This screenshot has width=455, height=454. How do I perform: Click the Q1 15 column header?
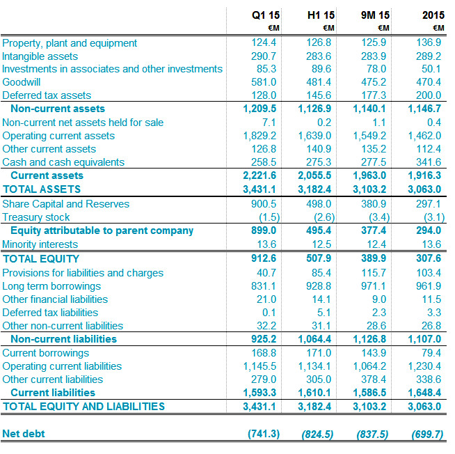pyautogui.click(x=266, y=15)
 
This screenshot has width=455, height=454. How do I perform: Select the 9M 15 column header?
pyautogui.click(x=375, y=15)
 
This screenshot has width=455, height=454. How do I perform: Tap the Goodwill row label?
pyautogui.click(x=22, y=82)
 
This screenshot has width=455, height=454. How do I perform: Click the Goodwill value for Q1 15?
pyautogui.click(x=264, y=82)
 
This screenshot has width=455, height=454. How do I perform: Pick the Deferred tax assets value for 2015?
pyautogui.click(x=429, y=95)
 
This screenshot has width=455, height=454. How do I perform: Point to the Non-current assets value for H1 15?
pyautogui.click(x=314, y=109)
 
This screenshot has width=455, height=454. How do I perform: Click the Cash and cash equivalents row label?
pyautogui.click(x=63, y=162)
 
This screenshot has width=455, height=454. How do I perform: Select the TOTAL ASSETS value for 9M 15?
pyautogui.click(x=369, y=189)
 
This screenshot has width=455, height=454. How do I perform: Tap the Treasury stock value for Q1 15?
pyautogui.click(x=269, y=217)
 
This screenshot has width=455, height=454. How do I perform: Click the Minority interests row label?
pyautogui.click(x=40, y=244)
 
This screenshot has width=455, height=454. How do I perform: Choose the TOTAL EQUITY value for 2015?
pyautogui.click(x=429, y=258)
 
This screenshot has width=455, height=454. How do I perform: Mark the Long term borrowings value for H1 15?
pyautogui.click(x=319, y=286)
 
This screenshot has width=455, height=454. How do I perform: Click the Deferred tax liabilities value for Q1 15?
pyautogui.click(x=269, y=313)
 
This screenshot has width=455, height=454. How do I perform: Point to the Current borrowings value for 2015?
pyautogui.click(x=431, y=353)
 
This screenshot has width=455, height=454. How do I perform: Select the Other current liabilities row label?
pyautogui.click(x=52, y=379)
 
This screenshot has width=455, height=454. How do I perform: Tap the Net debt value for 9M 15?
pyautogui.click(x=372, y=435)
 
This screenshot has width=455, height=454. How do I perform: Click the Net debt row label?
pyautogui.click(x=24, y=434)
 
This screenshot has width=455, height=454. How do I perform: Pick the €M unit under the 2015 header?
pyautogui.click(x=438, y=28)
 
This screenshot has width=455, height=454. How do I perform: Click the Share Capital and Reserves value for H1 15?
pyautogui.click(x=319, y=204)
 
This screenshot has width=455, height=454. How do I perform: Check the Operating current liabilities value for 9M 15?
pyautogui.click(x=369, y=366)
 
